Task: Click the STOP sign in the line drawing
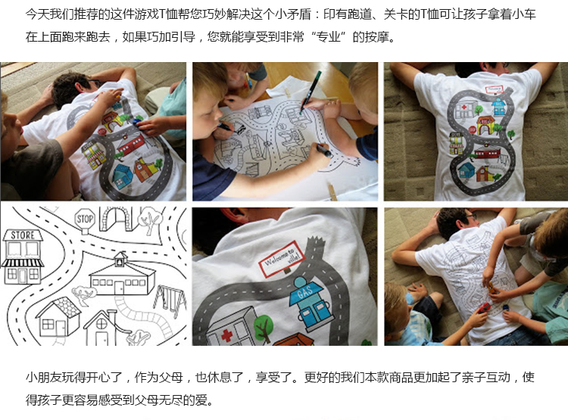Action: [85, 219]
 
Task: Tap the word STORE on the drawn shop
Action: [23, 235]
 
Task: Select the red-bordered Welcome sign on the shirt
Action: [281, 259]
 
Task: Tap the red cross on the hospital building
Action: [226, 334]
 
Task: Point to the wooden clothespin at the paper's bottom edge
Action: [332, 191]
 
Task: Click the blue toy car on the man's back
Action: [137, 122]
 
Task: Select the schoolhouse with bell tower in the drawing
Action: [122, 275]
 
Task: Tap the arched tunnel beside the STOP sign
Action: [117, 218]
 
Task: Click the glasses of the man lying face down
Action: [473, 217]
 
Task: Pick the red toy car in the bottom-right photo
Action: [483, 309]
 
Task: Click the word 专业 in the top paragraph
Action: [328, 37]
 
